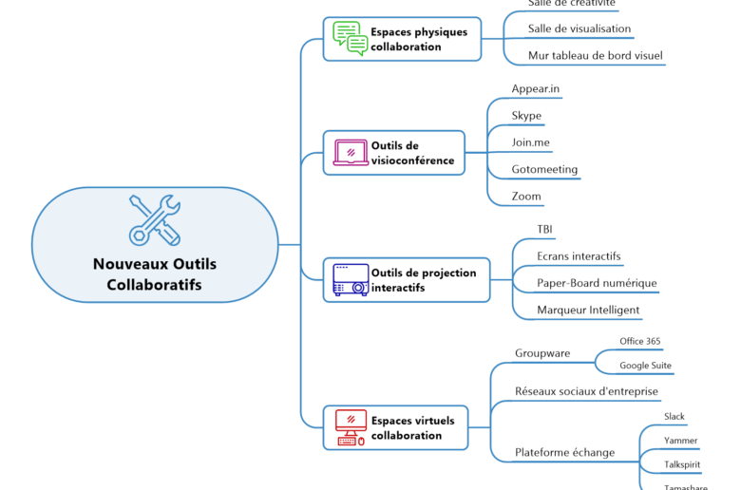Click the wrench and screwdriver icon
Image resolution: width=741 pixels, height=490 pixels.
click(155, 219)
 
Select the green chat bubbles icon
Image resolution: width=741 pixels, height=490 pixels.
click(350, 39)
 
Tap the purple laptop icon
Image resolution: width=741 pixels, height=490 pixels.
click(350, 152)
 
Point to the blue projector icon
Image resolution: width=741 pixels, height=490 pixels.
click(350, 279)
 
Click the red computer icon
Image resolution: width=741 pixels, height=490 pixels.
click(350, 427)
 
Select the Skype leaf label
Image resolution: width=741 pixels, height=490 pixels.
click(526, 116)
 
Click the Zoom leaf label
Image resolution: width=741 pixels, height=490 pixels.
click(526, 197)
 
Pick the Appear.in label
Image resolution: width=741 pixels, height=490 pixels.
click(536, 89)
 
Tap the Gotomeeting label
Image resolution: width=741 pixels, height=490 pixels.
click(544, 170)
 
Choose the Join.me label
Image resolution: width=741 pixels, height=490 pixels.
click(531, 142)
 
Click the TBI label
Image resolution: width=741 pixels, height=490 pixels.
click(545, 230)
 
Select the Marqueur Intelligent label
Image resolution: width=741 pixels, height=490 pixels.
click(588, 310)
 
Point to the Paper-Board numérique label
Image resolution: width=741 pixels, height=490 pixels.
click(597, 283)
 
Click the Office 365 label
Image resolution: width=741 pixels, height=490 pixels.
click(640, 341)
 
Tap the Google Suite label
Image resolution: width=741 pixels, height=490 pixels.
click(645, 366)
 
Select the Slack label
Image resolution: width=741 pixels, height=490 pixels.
click(674, 417)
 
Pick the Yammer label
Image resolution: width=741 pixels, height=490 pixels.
click(680, 441)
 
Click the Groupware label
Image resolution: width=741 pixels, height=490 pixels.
click(542, 353)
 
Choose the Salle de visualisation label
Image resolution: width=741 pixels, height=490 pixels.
click(579, 28)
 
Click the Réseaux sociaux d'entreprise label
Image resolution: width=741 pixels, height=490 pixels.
click(586, 391)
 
